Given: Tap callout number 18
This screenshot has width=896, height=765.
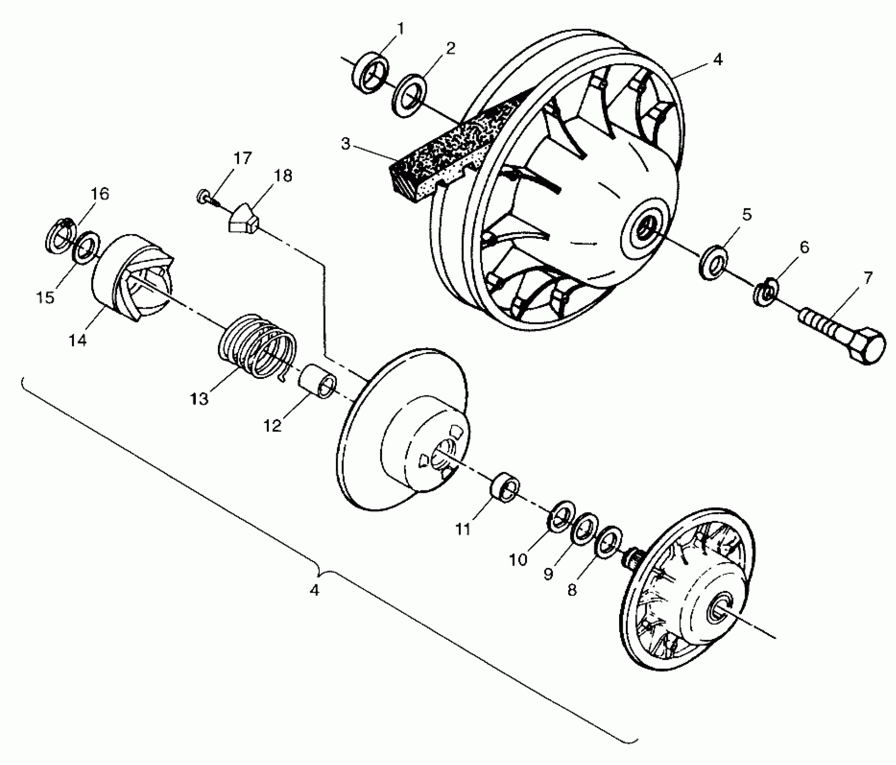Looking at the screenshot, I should click(x=283, y=176).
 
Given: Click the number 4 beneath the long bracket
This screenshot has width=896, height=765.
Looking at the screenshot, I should click(x=314, y=590).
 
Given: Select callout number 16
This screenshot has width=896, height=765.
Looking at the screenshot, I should click(x=100, y=194).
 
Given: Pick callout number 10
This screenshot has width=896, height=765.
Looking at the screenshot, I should click(x=518, y=560).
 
